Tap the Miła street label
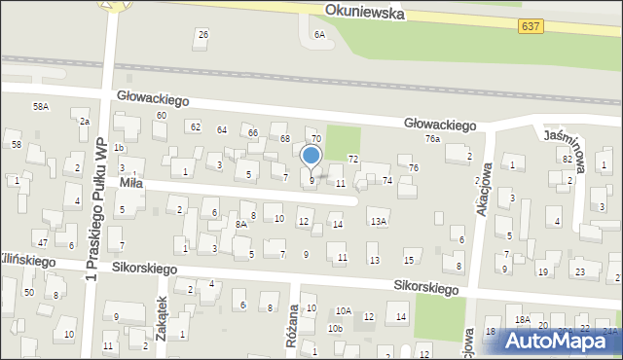point(132,183)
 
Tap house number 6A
point(319,34)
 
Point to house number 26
point(202,35)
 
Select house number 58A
point(41,106)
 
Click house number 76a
point(432,139)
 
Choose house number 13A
point(378,221)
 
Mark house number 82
point(567,158)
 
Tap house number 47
point(42,240)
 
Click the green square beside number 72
point(342,142)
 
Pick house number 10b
point(335,329)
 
